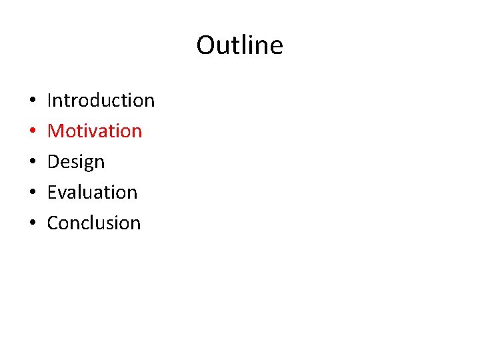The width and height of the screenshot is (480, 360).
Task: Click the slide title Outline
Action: (x=239, y=45)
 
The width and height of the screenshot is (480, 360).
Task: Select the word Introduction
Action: (x=101, y=100)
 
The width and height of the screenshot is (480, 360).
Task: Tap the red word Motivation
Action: (x=95, y=131)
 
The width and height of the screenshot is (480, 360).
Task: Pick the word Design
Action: (x=76, y=162)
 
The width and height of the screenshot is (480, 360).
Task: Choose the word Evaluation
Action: (x=92, y=192)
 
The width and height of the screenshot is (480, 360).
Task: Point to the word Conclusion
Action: (x=94, y=223)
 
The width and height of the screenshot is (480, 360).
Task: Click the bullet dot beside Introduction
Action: (x=33, y=101)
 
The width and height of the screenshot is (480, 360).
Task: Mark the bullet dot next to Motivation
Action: (x=33, y=132)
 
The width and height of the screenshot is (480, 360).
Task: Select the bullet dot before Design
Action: (x=33, y=163)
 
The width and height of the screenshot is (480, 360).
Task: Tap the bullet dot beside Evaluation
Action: (x=33, y=193)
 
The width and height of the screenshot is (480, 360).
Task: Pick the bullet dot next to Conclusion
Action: (x=33, y=224)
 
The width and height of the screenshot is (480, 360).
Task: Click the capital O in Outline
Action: (x=205, y=45)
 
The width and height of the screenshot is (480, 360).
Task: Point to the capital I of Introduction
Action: (x=50, y=100)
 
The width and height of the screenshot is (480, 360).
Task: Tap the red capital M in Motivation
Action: (x=55, y=131)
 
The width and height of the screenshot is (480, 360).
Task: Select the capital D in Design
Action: (x=54, y=161)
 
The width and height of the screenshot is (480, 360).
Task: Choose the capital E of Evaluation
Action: (x=52, y=192)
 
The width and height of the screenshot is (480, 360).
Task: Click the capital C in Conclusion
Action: (x=53, y=223)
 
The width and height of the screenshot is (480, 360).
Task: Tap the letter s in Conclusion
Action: (x=113, y=224)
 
